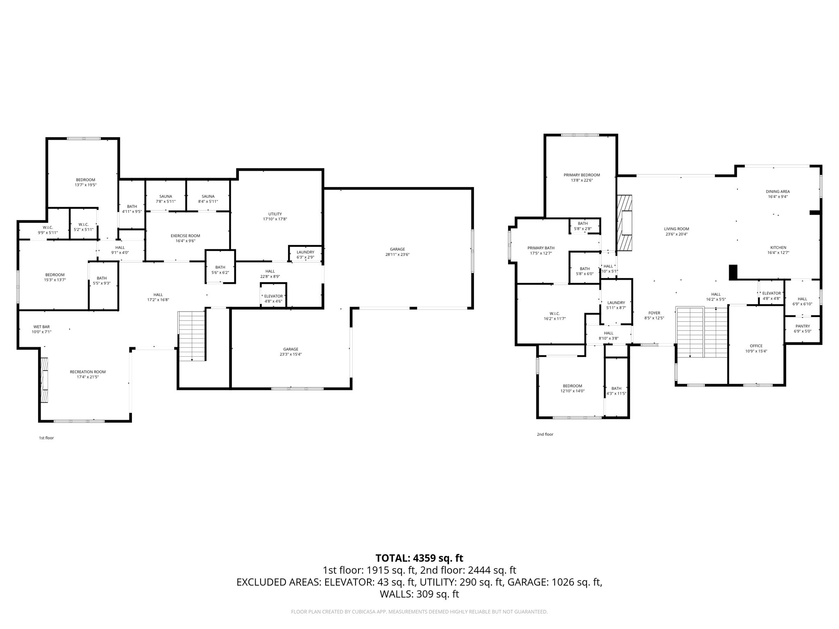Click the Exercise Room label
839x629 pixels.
tap(185, 235)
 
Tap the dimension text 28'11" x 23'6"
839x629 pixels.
tap(397, 254)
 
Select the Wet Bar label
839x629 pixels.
tap(41, 326)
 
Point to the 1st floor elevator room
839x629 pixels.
tap(273, 296)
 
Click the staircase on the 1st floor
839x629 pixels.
tap(191, 336)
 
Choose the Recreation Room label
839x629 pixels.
tap(88, 372)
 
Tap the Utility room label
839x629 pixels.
tap(275, 214)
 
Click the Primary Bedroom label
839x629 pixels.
tap(581, 175)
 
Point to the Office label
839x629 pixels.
tap(756, 346)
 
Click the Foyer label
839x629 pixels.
tap(654, 313)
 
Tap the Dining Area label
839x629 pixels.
tap(778, 191)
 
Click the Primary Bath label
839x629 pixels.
tap(541, 248)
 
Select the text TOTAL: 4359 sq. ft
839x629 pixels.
tap(419, 558)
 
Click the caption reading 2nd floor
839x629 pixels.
tap(545, 434)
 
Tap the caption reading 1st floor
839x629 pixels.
tap(46, 438)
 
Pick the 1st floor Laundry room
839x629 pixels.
tap(305, 254)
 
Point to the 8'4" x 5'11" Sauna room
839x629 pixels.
tap(208, 199)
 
